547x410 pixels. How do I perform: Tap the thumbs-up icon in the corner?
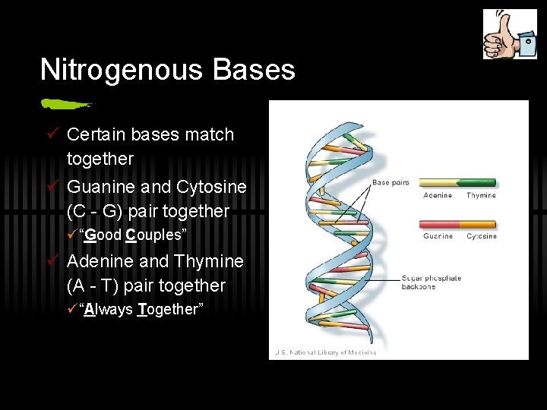[510, 34]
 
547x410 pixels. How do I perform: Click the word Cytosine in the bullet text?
[211, 186]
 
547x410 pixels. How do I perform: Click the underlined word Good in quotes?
[103, 235]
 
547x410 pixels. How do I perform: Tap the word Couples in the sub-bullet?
[154, 235]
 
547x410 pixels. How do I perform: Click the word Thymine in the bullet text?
[208, 261]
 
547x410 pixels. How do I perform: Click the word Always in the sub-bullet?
[109, 310]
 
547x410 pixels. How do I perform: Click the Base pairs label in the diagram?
[390, 182]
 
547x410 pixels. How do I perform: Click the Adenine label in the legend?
[437, 196]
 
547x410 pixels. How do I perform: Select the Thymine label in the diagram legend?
[480, 196]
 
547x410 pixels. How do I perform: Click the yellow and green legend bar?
[457, 183]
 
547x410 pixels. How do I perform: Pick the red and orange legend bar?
[457, 224]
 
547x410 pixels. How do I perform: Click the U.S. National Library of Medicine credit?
[326, 352]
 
